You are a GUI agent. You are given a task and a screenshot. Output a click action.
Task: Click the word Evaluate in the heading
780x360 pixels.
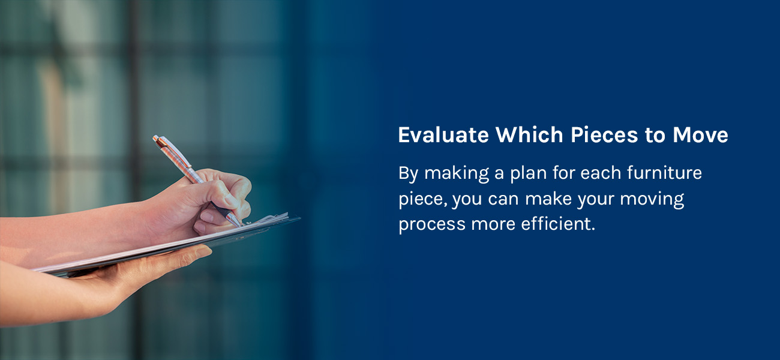tap(443, 135)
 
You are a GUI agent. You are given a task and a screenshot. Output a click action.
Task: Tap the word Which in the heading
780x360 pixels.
tap(529, 135)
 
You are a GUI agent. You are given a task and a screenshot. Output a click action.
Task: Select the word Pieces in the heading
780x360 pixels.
tap(604, 136)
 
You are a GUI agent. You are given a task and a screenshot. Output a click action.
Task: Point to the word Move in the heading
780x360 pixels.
tap(700, 135)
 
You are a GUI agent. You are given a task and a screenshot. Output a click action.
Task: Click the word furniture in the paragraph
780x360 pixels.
tap(664, 173)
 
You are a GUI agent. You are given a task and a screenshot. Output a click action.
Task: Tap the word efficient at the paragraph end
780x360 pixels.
tap(558, 223)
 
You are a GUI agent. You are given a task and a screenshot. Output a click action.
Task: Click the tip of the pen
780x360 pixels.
tap(239, 225)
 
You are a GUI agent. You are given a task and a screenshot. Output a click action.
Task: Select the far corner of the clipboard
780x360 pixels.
tap(299, 218)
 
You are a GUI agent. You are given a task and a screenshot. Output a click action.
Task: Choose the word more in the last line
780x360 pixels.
tap(493, 224)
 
